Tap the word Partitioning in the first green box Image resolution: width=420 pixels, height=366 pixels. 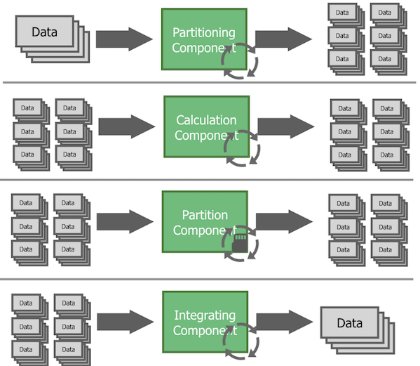(203, 32)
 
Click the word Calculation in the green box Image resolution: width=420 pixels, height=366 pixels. (206, 120)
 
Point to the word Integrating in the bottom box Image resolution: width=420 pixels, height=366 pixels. (205, 315)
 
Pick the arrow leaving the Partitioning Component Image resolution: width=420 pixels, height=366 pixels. (285, 39)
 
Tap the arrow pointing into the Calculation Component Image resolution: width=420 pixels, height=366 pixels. (126, 126)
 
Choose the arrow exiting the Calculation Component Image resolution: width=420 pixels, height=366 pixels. (286, 126)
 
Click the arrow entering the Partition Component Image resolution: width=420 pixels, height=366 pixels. (125, 221)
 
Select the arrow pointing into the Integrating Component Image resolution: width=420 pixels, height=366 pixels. (125, 322)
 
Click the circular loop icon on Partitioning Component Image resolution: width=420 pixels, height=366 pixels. (240, 62)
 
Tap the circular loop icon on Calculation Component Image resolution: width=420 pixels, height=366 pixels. (241, 149)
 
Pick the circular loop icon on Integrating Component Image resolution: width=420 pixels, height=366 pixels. (241, 341)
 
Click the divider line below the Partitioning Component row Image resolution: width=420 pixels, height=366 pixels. (210, 82)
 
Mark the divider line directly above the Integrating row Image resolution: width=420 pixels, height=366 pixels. (210, 279)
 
